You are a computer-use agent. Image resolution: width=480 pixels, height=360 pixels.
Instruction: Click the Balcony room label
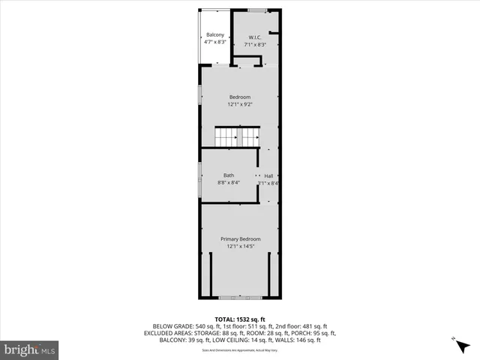click(x=214, y=35)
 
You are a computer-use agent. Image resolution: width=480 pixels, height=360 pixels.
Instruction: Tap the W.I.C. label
click(x=256, y=37)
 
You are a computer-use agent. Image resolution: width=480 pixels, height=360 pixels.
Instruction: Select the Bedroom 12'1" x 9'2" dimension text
click(x=240, y=104)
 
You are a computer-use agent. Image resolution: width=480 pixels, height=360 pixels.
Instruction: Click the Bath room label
click(x=228, y=175)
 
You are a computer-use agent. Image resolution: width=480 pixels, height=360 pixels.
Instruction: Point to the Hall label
click(x=268, y=175)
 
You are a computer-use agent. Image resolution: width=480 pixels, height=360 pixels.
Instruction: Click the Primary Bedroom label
click(x=240, y=238)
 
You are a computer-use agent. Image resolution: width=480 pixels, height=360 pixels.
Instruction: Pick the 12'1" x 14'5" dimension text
click(x=240, y=245)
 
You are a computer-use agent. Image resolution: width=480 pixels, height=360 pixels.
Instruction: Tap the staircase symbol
click(x=238, y=137)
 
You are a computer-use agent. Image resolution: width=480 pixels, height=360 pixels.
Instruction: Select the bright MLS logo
click(x=30, y=349)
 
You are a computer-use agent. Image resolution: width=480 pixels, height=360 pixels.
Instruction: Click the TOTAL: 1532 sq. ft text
click(x=240, y=319)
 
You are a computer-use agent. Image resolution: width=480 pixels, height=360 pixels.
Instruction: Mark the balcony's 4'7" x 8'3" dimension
click(x=214, y=42)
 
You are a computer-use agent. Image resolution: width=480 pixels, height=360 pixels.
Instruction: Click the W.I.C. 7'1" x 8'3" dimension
click(x=256, y=44)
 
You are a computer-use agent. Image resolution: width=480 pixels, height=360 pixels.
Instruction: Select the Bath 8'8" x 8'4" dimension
click(x=228, y=182)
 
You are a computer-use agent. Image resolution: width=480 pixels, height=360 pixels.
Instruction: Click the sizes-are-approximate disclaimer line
click(x=240, y=346)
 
